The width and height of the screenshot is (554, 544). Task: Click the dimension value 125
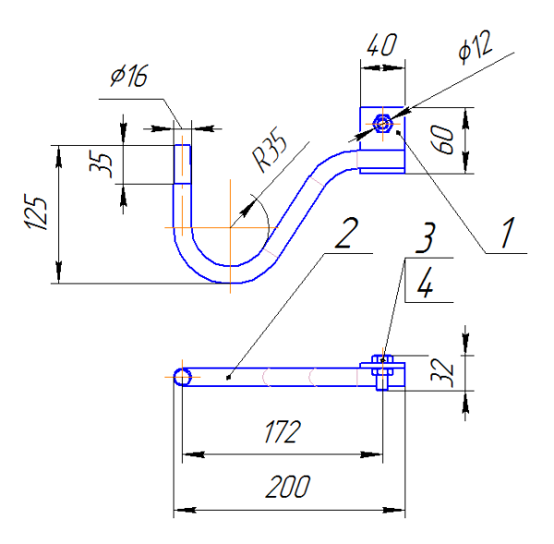(x=37, y=213)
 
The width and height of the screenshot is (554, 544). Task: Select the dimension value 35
(x=105, y=163)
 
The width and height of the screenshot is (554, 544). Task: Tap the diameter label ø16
(x=128, y=78)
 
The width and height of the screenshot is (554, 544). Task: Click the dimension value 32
(x=443, y=370)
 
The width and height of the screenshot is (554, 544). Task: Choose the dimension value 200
(x=287, y=487)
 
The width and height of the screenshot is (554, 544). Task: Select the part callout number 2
(x=343, y=234)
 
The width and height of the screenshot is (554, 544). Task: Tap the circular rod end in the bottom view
(x=183, y=376)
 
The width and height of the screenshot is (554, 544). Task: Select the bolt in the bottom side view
(x=381, y=373)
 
